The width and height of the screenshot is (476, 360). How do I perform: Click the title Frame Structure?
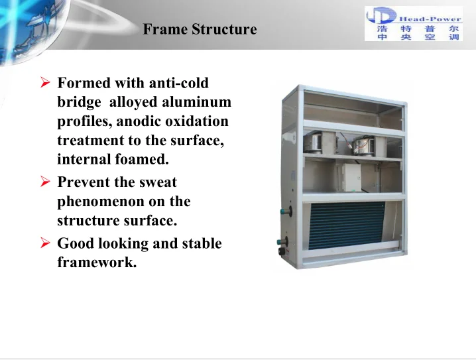[x=200, y=29]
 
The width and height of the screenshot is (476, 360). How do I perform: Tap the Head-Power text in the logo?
[x=430, y=19]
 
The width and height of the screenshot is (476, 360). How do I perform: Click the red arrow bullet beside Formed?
[x=45, y=82]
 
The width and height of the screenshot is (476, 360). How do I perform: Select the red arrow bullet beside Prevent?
[x=45, y=182]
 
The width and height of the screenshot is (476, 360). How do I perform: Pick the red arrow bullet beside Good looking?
[x=45, y=243]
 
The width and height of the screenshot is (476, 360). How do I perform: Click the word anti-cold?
[x=179, y=83]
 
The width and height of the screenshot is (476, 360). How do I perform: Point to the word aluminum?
[x=196, y=101]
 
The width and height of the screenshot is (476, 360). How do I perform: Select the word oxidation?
[x=197, y=121]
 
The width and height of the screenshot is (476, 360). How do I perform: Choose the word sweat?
[x=158, y=182]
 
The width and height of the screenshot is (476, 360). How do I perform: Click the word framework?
[x=97, y=263]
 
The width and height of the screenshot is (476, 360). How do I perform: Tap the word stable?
[x=202, y=243]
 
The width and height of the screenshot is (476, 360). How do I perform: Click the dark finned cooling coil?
[x=346, y=225]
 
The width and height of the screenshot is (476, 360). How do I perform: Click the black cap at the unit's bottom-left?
[x=282, y=251]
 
